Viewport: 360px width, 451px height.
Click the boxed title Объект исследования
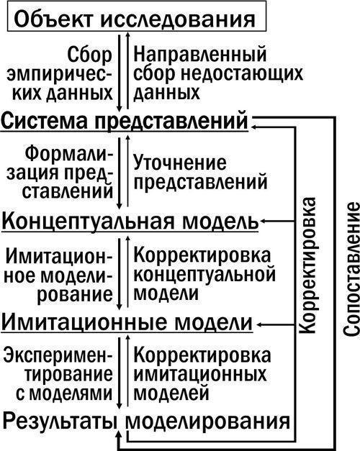click(135, 19)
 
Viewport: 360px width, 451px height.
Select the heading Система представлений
click(125, 121)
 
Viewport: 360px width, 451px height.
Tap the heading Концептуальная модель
click(130, 221)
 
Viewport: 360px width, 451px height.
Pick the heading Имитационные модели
click(127, 322)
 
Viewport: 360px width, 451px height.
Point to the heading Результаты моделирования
click(146, 422)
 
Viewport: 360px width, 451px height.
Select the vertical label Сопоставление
click(351, 270)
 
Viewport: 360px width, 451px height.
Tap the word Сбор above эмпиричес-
click(89, 55)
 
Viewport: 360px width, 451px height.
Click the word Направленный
click(200, 55)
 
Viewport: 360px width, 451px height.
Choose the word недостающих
click(242, 74)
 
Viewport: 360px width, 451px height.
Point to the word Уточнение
click(180, 163)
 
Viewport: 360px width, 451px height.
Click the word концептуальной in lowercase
click(204, 275)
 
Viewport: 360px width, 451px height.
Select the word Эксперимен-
click(58, 355)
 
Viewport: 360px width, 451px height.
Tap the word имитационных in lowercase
click(200, 375)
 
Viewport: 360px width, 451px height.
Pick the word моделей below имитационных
click(171, 393)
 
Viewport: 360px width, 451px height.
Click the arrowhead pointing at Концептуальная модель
click(264, 222)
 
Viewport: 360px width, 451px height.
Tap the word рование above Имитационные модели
click(75, 295)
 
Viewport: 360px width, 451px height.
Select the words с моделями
click(64, 393)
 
